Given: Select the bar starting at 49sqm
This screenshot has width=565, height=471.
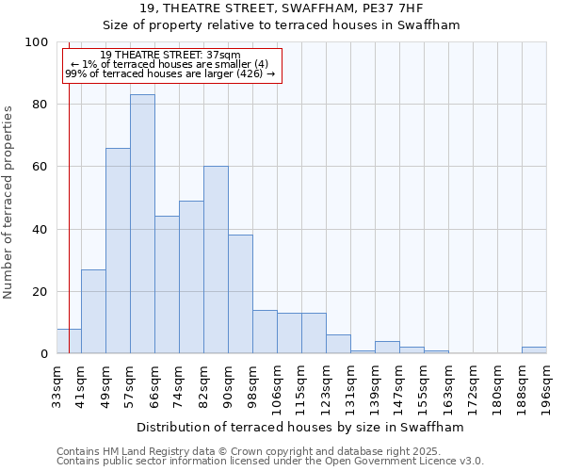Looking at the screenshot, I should click(118, 251).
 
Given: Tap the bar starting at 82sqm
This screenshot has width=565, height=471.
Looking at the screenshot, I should click(216, 260).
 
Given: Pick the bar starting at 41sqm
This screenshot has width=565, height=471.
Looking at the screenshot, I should click(93, 311).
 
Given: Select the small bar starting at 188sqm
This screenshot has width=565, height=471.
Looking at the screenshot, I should click(534, 350).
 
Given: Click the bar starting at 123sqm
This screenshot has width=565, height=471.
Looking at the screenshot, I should click(338, 345).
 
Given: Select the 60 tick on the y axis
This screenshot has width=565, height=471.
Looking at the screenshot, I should click(40, 167).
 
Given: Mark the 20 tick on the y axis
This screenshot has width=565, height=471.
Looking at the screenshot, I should click(40, 292).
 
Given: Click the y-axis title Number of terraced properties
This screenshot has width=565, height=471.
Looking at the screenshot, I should click(8, 203).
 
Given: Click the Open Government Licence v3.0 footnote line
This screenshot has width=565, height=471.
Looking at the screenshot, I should click(270, 462).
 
